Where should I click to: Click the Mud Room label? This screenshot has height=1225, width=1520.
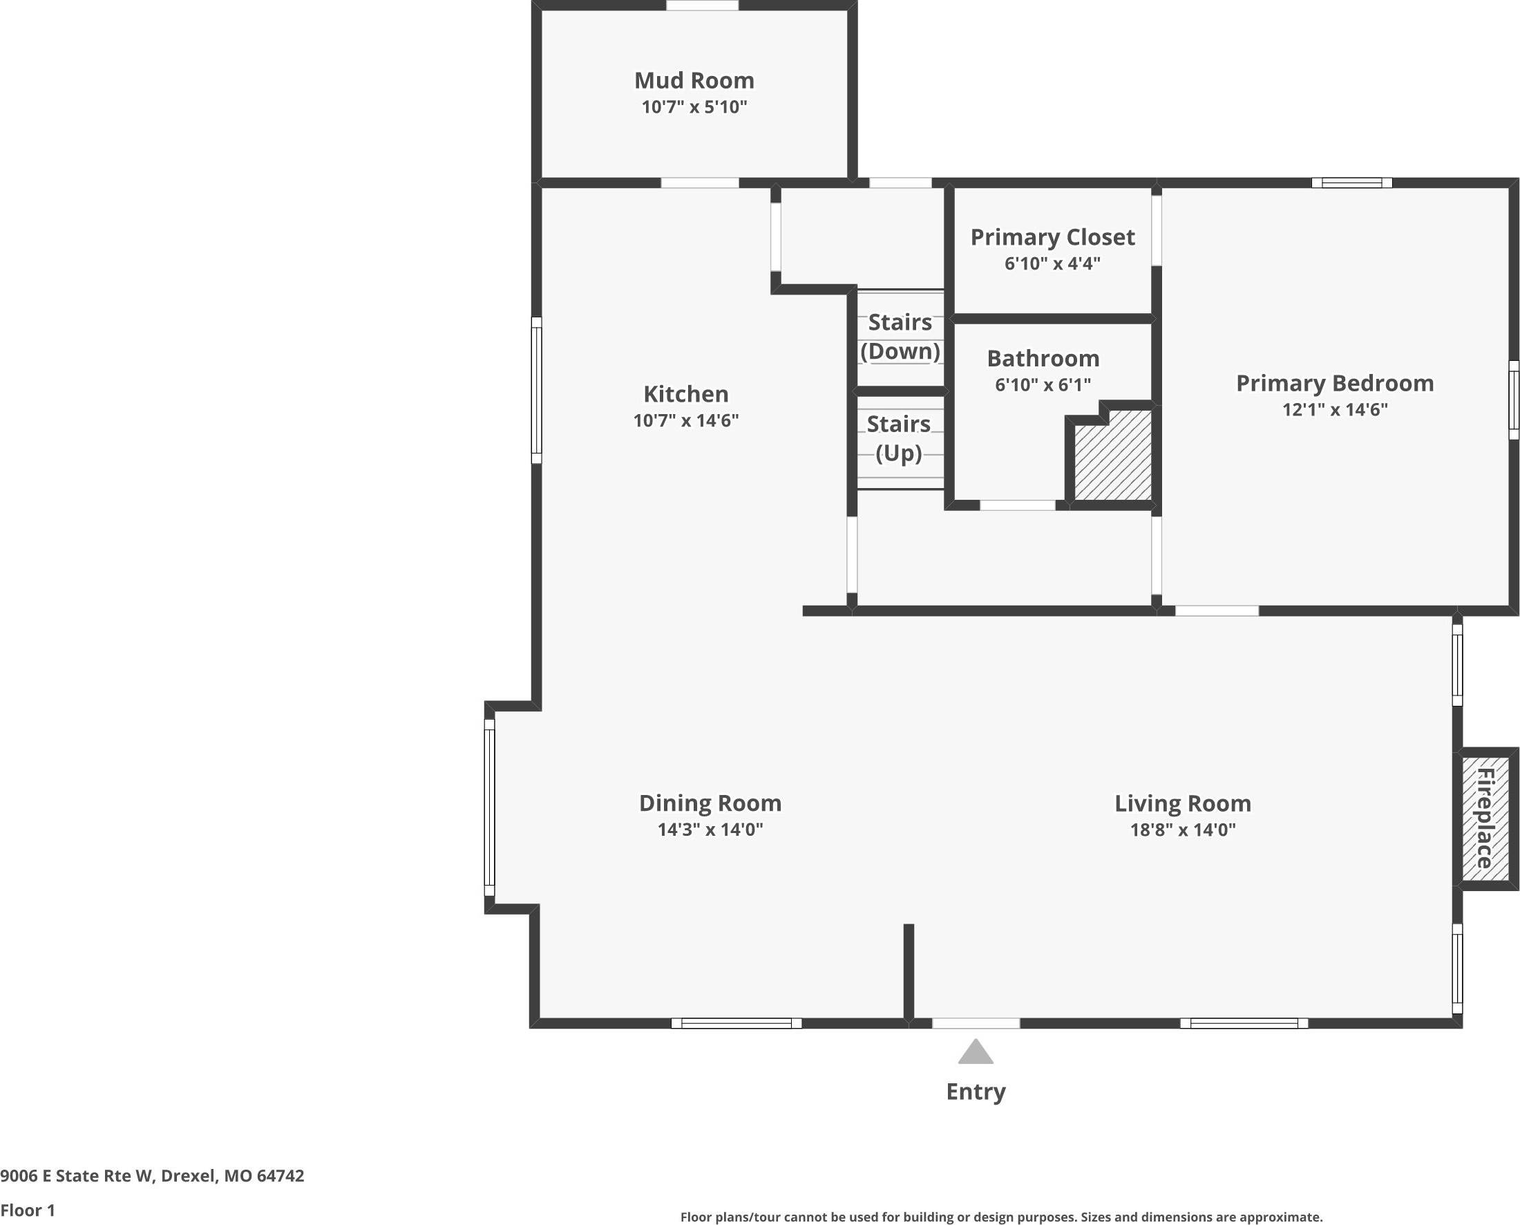tap(694, 80)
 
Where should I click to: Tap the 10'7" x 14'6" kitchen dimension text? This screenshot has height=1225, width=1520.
tap(685, 420)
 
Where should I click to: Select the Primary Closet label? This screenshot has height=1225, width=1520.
tap(1052, 237)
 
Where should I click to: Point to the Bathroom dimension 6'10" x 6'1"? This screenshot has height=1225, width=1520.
tap(1043, 384)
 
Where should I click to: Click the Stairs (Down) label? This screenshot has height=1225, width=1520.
tap(900, 337)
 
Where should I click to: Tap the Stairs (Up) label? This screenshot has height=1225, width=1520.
tap(899, 438)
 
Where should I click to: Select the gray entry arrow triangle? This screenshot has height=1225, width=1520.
tap(976, 1053)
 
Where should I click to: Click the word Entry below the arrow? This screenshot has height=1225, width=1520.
tap(976, 1092)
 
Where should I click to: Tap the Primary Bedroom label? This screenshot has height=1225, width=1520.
tap(1335, 383)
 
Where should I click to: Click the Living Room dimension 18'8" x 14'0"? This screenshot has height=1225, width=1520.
tap(1183, 830)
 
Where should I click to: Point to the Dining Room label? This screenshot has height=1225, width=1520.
tap(710, 803)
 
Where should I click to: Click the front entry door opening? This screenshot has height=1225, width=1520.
tap(976, 1023)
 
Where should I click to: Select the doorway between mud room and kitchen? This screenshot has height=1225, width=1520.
tap(700, 183)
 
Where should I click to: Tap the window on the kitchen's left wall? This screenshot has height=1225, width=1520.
tap(536, 390)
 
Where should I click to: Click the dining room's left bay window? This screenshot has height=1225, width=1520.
tap(489, 807)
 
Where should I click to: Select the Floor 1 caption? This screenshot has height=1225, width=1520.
tap(28, 1210)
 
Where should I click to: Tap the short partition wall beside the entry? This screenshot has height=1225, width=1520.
tap(909, 972)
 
